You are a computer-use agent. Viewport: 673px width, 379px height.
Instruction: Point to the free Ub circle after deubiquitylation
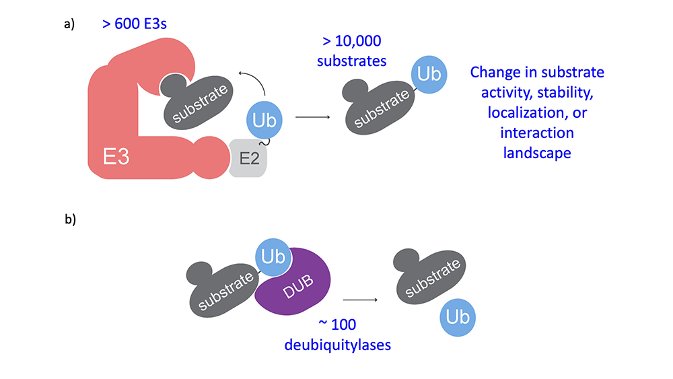pos(458,316)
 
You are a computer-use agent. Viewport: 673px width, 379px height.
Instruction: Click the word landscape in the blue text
pos(537,153)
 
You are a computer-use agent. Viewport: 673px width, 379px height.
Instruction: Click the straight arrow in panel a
pos(312,117)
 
